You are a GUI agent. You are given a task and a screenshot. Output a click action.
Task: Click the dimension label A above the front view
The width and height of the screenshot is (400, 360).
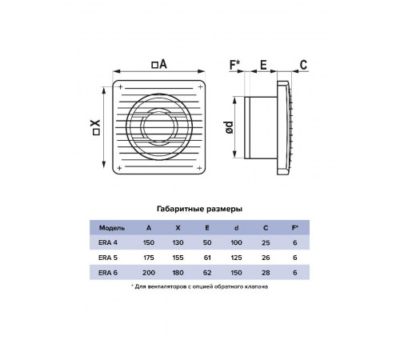[159, 64]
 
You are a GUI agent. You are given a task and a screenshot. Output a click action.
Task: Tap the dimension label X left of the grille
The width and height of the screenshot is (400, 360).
[96, 127]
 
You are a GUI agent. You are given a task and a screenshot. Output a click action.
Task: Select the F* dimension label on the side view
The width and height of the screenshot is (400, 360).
[235, 65]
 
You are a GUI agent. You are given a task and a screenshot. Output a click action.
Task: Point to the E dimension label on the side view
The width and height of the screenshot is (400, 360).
[263, 65]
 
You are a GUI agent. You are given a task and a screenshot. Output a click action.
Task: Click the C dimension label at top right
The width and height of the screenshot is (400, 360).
[303, 65]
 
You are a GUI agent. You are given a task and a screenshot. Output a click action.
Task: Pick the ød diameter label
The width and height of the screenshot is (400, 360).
[229, 127]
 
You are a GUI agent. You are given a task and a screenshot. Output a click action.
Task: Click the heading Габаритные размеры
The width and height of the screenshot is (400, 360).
[199, 209]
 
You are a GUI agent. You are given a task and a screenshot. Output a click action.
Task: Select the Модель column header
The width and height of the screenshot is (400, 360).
[112, 228]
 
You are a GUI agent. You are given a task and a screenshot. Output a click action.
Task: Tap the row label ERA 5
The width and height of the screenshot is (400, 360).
[108, 258]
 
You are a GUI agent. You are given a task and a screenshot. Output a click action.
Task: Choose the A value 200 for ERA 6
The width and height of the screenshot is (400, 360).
[149, 273]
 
